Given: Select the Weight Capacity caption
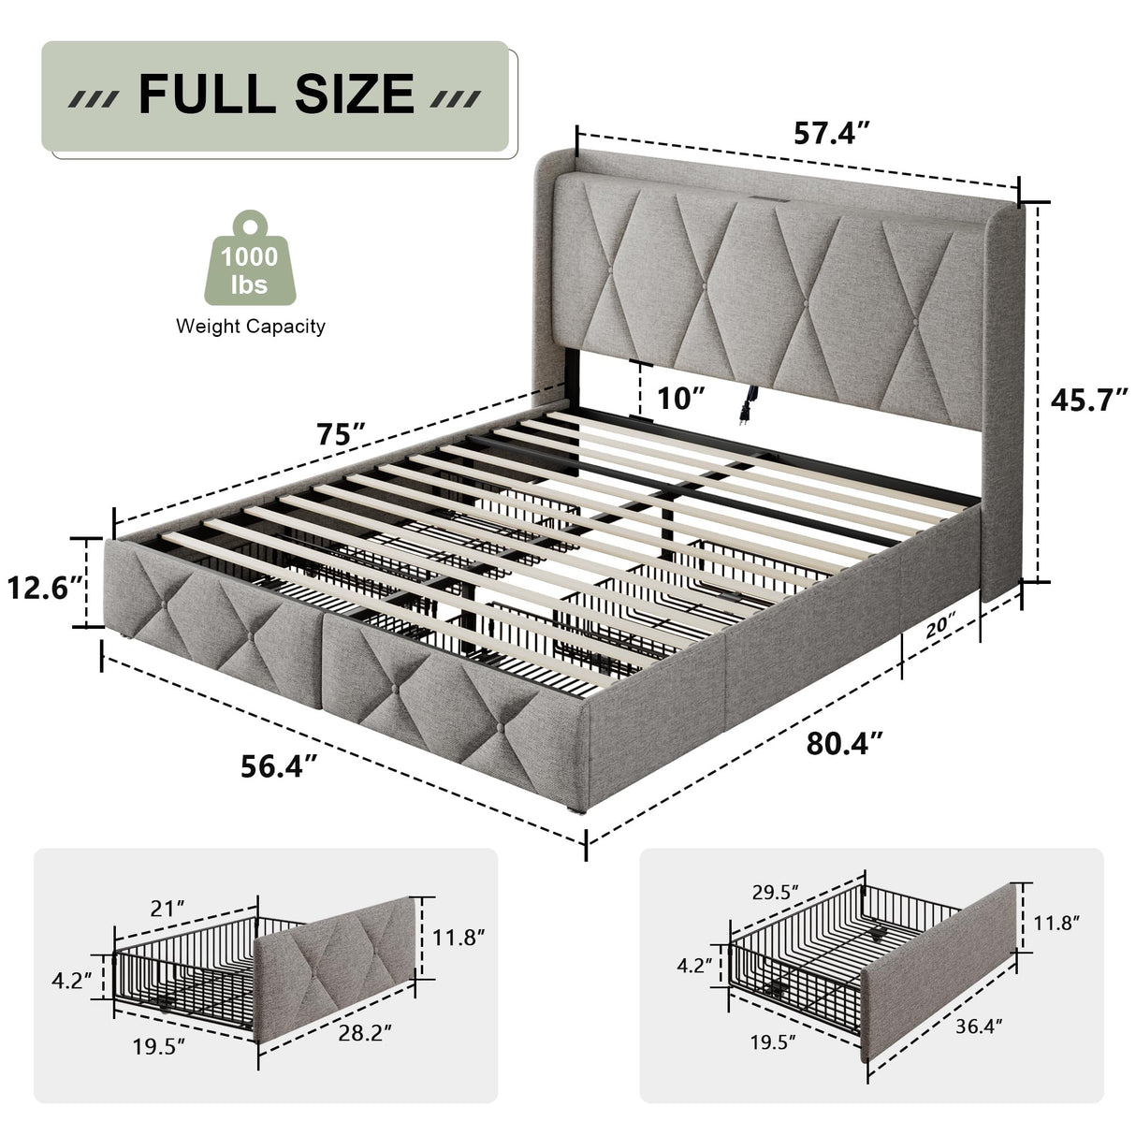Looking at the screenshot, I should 251,327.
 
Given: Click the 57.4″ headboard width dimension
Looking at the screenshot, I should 832,134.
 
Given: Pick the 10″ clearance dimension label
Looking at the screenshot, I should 679,399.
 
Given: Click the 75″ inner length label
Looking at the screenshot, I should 340,435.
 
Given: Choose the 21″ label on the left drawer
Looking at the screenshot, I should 167,908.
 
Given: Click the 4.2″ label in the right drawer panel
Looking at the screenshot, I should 695,966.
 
